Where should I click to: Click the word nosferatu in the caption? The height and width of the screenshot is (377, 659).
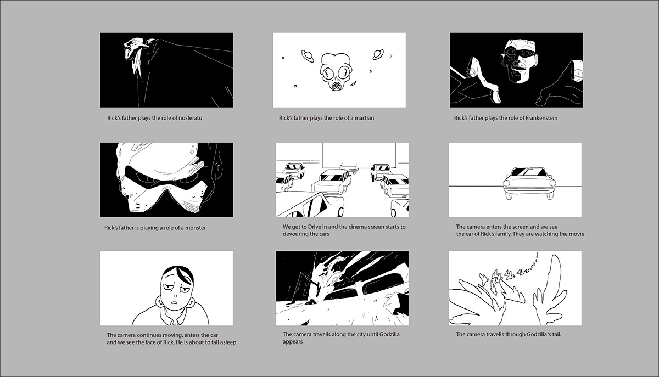(191, 118)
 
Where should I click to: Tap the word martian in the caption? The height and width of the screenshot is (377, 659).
(364, 118)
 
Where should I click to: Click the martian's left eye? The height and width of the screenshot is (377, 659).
(327, 72)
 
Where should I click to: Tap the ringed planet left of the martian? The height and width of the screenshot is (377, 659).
(308, 55)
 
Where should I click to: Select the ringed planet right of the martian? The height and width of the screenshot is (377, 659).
(377, 54)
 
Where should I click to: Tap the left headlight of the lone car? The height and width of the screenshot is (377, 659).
(506, 183)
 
